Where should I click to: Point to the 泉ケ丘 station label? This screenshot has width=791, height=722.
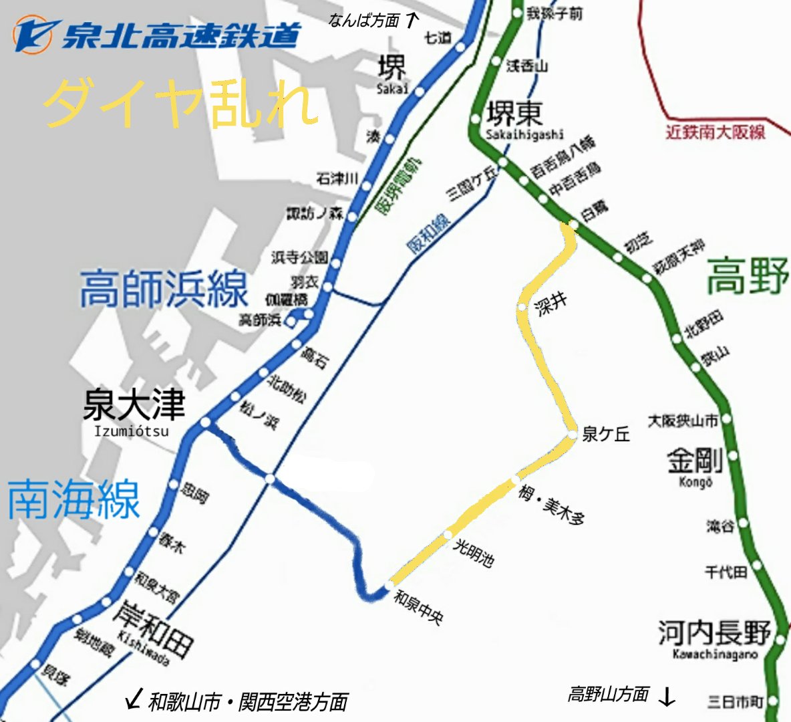(x=606, y=435)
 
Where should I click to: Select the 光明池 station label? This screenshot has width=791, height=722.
(x=474, y=554)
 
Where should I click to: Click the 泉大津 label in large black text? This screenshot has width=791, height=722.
(x=134, y=405)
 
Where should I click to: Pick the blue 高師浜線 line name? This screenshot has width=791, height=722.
(x=164, y=289)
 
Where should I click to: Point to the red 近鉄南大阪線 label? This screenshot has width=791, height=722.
(x=715, y=132)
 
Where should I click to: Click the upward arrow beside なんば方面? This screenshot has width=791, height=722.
(x=412, y=20)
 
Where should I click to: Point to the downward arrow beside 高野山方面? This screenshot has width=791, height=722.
(x=667, y=697)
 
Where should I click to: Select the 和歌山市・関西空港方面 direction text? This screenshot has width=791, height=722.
(x=248, y=702)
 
